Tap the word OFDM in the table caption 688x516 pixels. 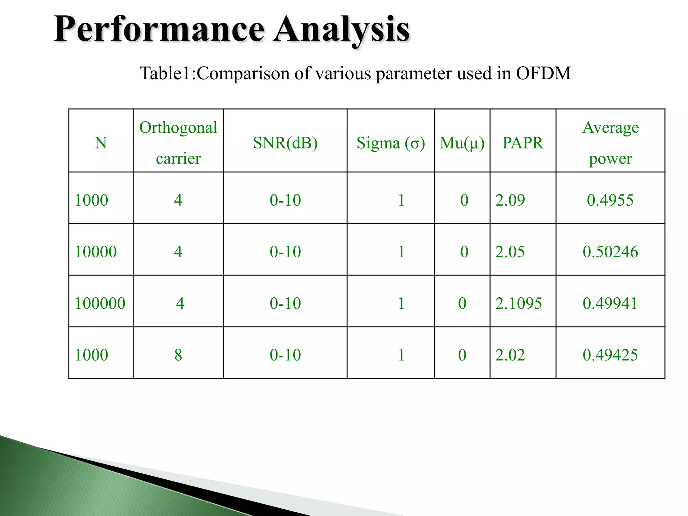[543, 73]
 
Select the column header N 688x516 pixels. [101, 143]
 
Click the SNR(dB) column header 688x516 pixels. [285, 143]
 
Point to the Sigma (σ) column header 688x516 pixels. [391, 143]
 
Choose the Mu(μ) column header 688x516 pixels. [462, 143]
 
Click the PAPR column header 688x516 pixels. [523, 143]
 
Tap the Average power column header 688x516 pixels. [610, 142]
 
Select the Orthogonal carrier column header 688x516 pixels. [178, 142]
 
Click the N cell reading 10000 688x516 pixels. [96, 252]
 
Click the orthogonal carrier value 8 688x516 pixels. [178, 355]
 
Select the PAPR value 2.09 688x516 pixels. [510, 201]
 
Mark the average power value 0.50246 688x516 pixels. [610, 252]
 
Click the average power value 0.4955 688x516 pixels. [610, 201]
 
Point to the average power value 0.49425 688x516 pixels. [610, 355]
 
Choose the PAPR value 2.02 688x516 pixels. [510, 355]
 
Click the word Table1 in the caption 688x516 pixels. [165, 73]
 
